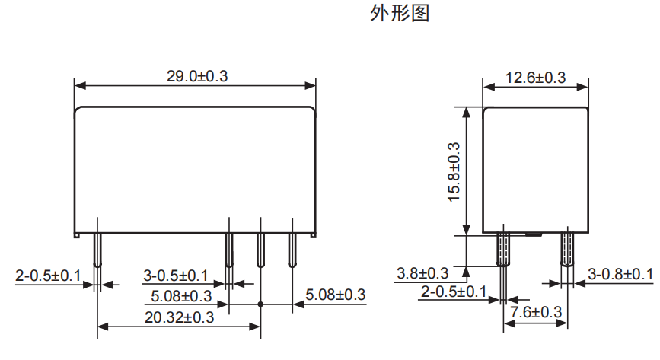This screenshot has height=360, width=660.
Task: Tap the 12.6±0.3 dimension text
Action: (x=535, y=78)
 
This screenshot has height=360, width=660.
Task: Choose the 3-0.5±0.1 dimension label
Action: (x=176, y=275)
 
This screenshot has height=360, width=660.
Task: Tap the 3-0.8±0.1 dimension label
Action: (x=620, y=274)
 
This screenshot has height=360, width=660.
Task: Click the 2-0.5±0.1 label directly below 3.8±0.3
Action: (x=454, y=292)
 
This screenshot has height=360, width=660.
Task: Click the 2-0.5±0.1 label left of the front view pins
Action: (x=48, y=275)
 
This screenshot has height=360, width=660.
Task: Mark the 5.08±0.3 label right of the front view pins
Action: (x=336, y=295)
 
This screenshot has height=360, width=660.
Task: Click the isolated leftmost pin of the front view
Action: (x=97, y=248)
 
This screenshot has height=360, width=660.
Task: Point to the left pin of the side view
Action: (x=502, y=247)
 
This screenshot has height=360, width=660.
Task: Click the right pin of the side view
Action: (x=567, y=247)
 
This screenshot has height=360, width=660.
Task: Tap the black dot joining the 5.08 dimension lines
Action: (x=260, y=304)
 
